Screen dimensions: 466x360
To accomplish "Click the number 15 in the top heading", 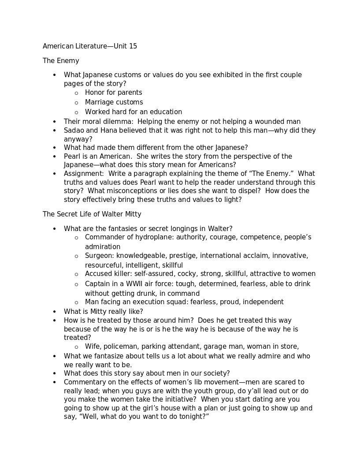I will click(x=133, y=46).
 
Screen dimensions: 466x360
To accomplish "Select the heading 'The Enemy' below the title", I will click(x=61, y=61).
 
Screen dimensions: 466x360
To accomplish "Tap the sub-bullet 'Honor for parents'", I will click(x=113, y=93).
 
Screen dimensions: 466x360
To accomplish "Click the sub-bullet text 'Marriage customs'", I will click(x=114, y=102).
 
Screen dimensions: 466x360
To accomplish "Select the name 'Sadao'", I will click(x=74, y=130).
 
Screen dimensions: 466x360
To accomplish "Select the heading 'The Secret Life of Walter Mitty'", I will click(x=92, y=214).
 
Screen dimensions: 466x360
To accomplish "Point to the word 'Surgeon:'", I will click(x=99, y=256).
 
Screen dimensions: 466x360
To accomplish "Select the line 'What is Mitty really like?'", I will click(x=103, y=312).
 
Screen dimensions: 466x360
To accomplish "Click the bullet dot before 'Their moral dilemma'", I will click(x=55, y=122).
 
